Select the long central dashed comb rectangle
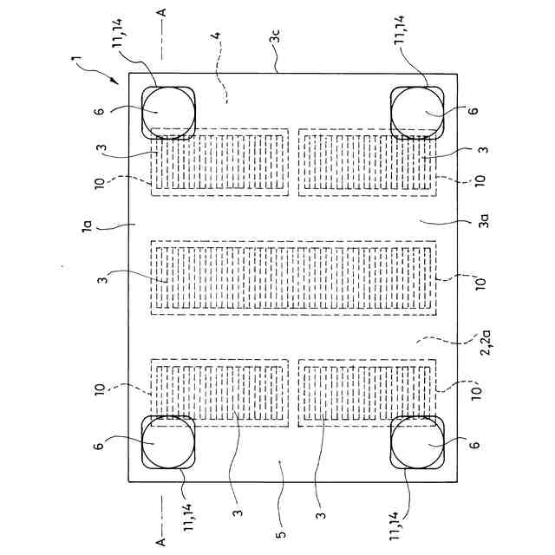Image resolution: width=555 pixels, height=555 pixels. click(294, 277)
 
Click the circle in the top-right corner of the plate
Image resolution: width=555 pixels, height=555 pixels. click(416, 114)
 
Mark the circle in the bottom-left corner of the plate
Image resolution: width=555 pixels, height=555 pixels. click(166, 442)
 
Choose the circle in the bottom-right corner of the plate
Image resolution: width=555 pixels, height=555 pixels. click(416, 442)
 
